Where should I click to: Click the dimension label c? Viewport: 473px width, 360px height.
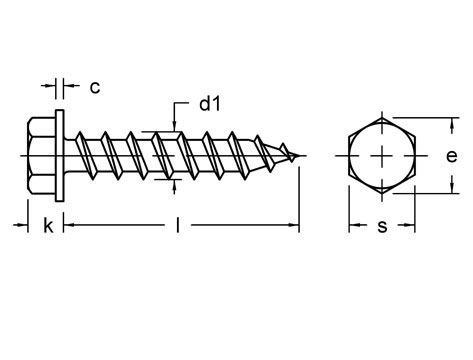(95, 88)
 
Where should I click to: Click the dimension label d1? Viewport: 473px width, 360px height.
(210, 104)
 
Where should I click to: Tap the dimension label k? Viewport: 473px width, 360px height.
(48, 226)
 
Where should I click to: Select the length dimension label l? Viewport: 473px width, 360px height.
(178, 225)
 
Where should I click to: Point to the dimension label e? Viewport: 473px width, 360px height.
(452, 156)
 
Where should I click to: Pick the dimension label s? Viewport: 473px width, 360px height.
(382, 227)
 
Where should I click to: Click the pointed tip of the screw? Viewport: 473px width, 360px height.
(298, 156)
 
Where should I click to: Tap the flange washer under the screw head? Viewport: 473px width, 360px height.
(60, 156)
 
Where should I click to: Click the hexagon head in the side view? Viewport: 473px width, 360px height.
(42, 156)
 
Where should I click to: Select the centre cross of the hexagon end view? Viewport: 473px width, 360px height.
(382, 156)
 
